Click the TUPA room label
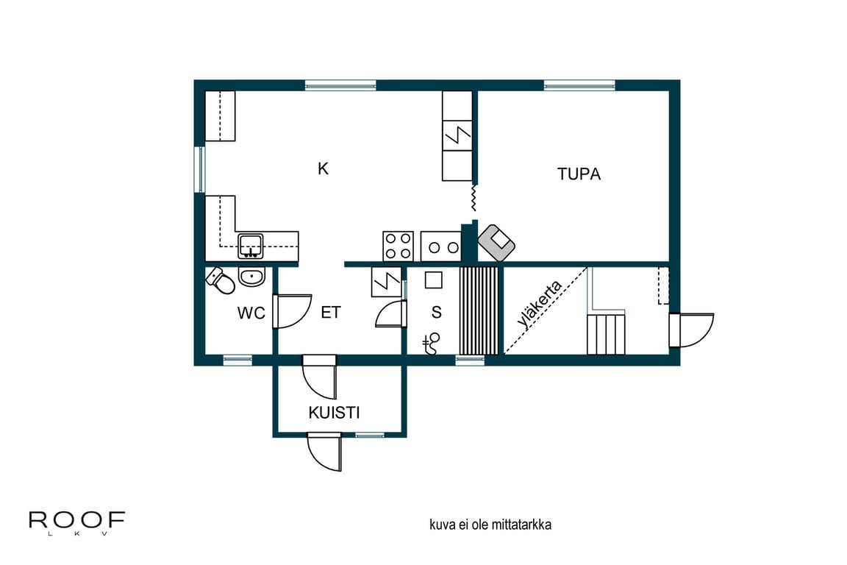click(579, 174)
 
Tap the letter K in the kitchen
click(323, 168)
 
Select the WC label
click(251, 313)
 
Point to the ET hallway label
click(331, 313)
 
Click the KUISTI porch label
click(334, 413)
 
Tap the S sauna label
click(437, 312)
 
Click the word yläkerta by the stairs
click(539, 304)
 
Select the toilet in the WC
click(221, 280)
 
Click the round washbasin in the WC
click(251, 277)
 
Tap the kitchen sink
click(251, 246)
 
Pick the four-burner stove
click(398, 246)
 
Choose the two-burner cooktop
click(441, 246)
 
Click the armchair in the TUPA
click(496, 243)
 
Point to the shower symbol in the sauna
click(432, 344)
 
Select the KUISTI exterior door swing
click(325, 452)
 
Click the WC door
click(292, 311)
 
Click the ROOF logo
click(76, 522)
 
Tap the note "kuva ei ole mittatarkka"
click(490, 525)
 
